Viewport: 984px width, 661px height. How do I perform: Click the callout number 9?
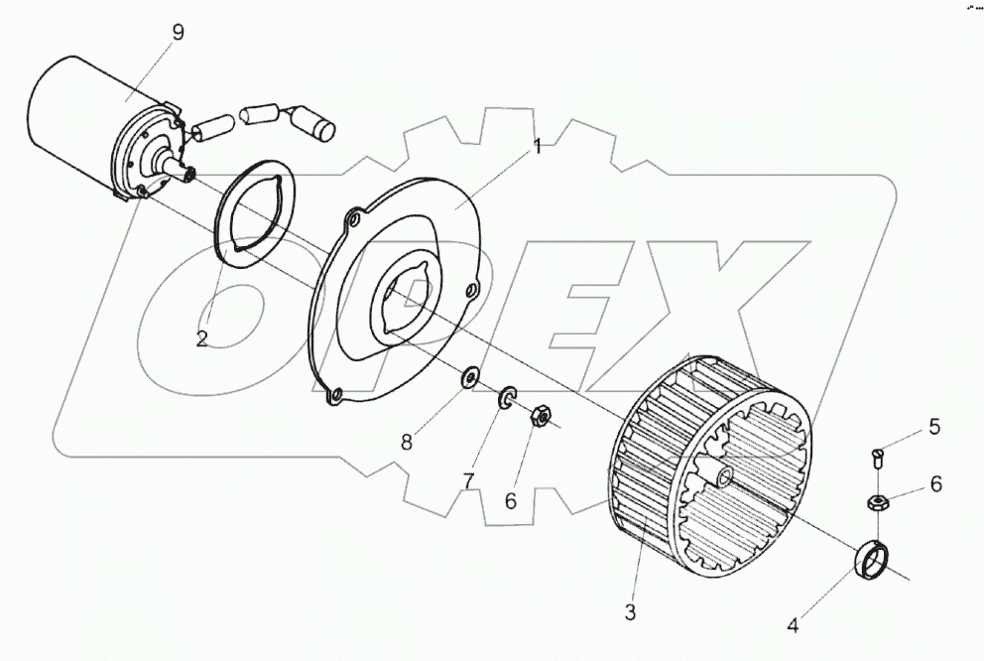(x=178, y=32)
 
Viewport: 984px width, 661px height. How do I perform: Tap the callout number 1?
(x=537, y=147)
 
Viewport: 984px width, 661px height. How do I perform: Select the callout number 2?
(x=201, y=338)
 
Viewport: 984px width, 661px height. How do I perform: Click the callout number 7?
(x=468, y=480)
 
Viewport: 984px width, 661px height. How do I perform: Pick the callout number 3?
(x=629, y=612)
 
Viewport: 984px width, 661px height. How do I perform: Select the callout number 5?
(x=933, y=428)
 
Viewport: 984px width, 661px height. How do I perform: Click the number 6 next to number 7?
(x=510, y=501)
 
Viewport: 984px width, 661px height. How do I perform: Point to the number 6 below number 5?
(x=934, y=485)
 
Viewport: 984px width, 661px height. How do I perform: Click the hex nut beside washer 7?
(x=542, y=415)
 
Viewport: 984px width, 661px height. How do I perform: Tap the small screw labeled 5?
(x=877, y=460)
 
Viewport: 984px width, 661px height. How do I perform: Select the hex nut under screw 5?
(x=879, y=502)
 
